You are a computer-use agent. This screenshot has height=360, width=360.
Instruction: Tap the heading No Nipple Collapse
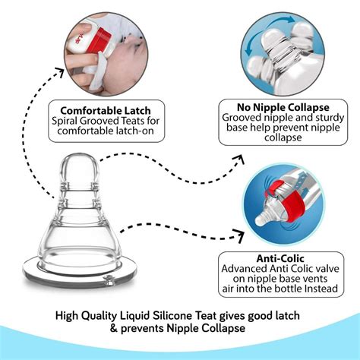coord(269,107)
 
